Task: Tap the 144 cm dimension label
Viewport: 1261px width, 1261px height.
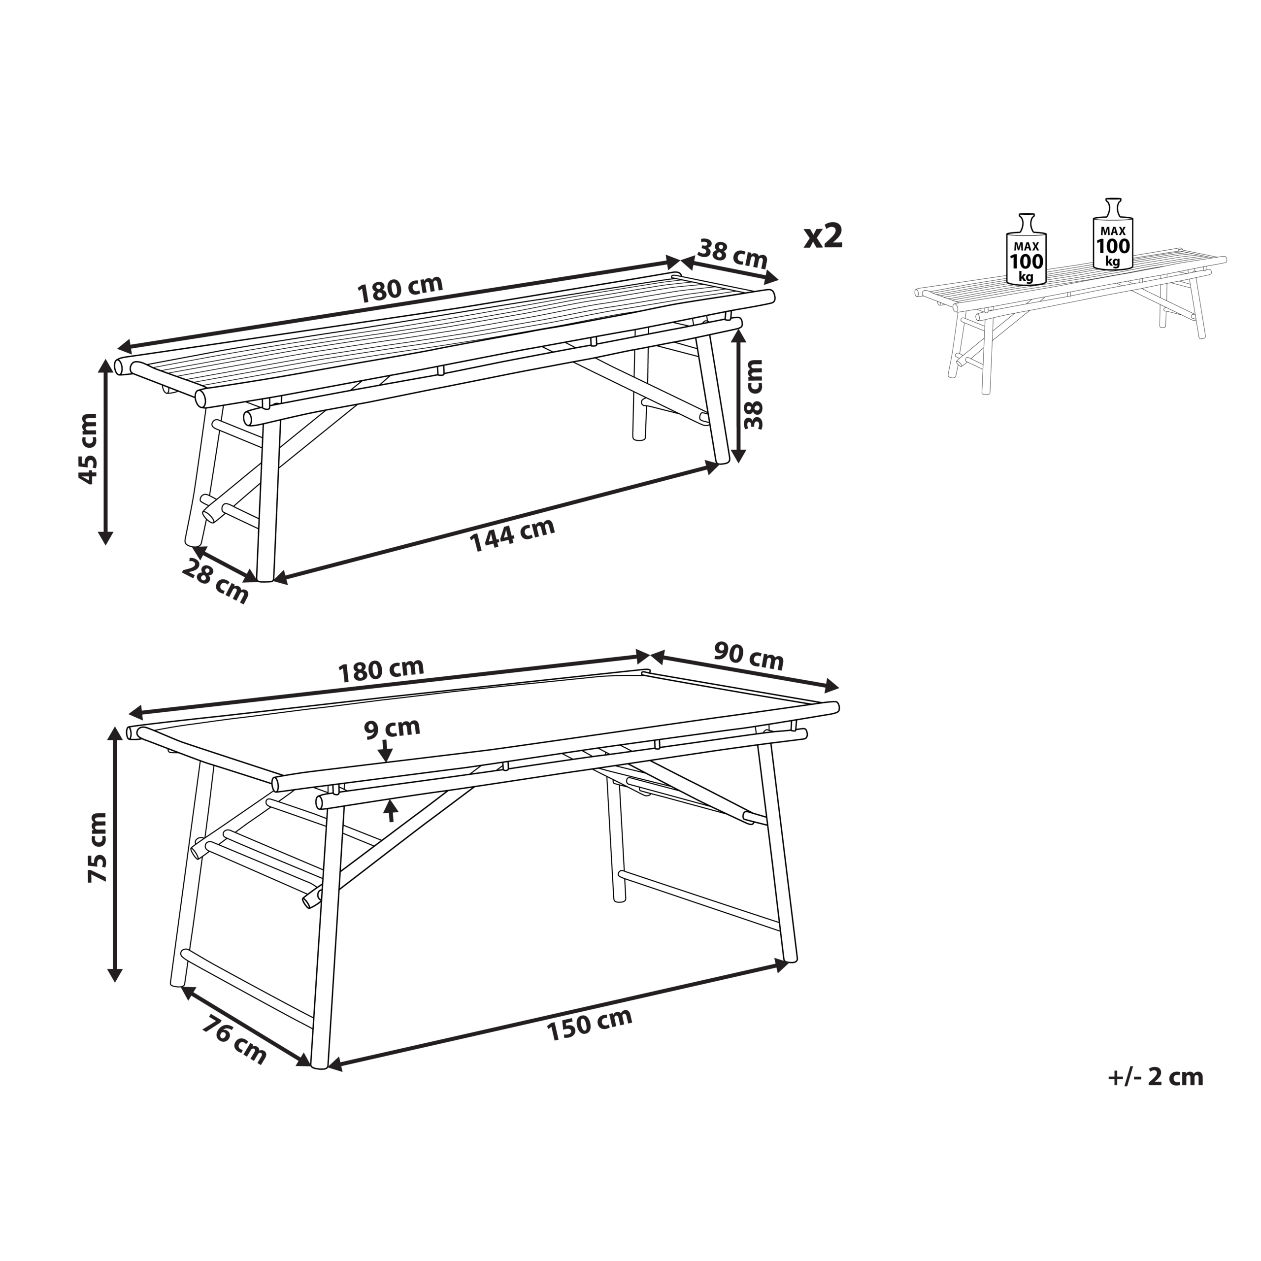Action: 512,534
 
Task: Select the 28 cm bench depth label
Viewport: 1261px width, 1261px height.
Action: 215,581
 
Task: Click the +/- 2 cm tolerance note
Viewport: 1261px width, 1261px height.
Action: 1155,1077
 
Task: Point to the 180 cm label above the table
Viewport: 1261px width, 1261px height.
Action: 381,670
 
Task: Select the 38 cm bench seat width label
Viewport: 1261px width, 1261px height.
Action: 733,253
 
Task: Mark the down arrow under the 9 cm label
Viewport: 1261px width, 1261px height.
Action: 386,751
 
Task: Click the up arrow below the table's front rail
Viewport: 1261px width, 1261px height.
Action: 391,811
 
